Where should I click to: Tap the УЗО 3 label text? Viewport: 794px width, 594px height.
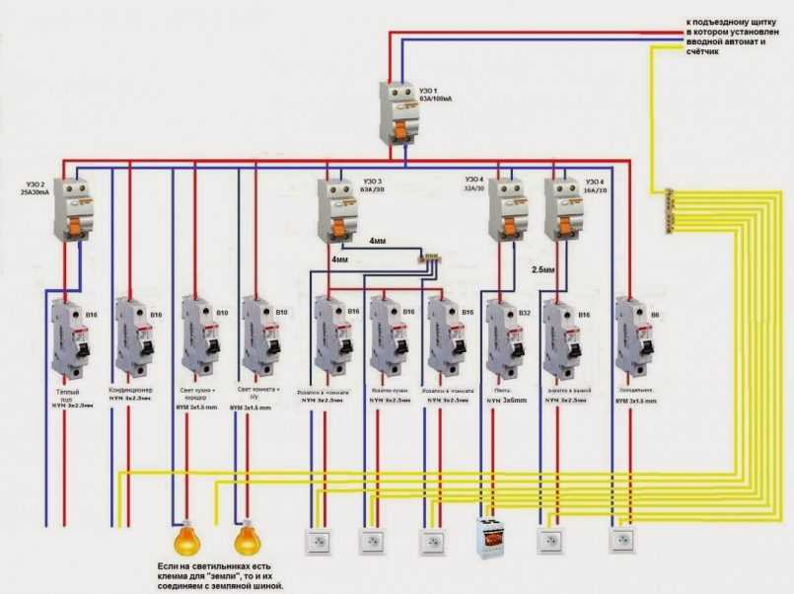(x=371, y=181)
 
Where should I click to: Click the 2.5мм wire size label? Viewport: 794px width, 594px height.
(x=544, y=267)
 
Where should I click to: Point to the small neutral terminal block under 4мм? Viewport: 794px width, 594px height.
(x=431, y=260)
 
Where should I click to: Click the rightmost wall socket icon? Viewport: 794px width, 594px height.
(x=621, y=541)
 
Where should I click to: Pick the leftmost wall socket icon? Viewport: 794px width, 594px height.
(x=317, y=541)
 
